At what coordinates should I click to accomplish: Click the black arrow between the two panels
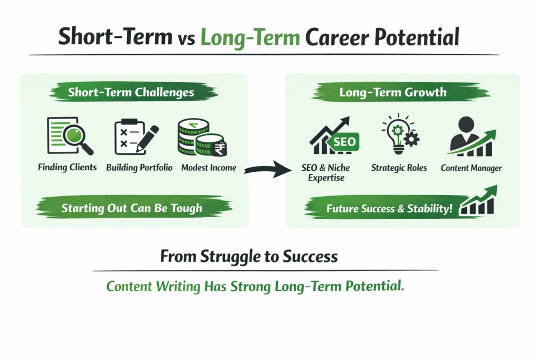coord(268,169)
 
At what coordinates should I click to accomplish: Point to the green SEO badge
coord(345,142)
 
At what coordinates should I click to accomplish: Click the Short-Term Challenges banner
coord(131,93)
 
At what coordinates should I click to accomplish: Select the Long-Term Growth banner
coord(392,93)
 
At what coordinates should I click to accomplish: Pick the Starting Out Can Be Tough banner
coord(131,208)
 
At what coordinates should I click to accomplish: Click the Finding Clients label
coord(67,168)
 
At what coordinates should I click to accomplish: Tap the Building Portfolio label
coord(139,168)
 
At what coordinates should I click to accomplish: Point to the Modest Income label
coord(208,168)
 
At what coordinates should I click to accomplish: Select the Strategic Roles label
coord(399,168)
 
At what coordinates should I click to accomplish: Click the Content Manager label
coord(471,168)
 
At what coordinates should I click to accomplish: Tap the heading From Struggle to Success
coord(249,257)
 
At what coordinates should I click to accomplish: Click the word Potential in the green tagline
coord(374,287)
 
